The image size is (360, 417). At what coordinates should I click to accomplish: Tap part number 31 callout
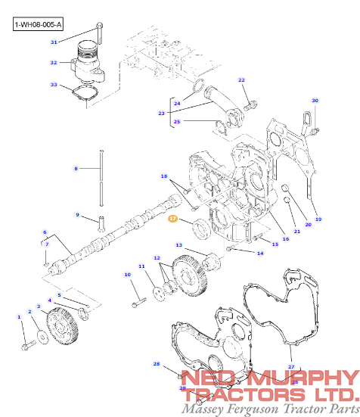click(x=54, y=42)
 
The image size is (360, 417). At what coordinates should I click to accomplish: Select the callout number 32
click(x=54, y=63)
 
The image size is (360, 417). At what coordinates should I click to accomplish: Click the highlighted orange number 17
click(x=172, y=219)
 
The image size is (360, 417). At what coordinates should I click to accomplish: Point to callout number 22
click(x=242, y=80)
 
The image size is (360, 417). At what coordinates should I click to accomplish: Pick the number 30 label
click(x=315, y=100)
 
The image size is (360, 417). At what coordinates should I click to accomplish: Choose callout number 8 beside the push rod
click(x=76, y=168)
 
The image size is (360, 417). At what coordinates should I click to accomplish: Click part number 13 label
click(x=179, y=245)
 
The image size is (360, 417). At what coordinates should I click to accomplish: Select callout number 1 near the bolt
click(x=20, y=317)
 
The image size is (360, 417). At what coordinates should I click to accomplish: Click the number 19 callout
click(x=318, y=219)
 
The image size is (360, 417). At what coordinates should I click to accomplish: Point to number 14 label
click(x=260, y=253)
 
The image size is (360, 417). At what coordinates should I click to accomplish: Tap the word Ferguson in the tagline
click(x=259, y=409)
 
